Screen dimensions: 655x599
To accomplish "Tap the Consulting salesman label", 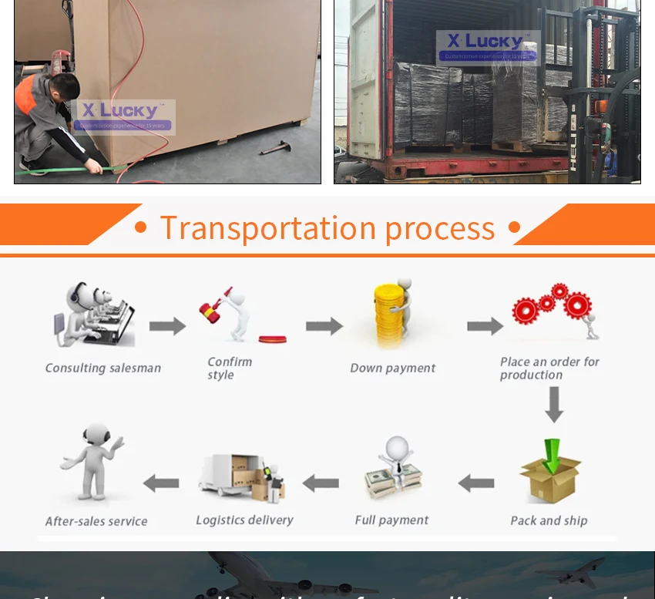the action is pyautogui.click(x=103, y=368).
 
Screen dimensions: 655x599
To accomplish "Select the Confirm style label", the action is pyautogui.click(x=230, y=368).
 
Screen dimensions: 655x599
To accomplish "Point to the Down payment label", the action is pyautogui.click(x=392, y=368).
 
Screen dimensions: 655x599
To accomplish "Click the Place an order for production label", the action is pyautogui.click(x=549, y=368).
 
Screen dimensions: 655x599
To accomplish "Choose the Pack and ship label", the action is pyautogui.click(x=549, y=520).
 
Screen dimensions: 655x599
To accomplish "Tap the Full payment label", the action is pyautogui.click(x=391, y=520).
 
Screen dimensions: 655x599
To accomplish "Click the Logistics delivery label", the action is pyautogui.click(x=244, y=520).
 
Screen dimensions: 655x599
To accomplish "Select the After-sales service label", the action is pyautogui.click(x=96, y=521).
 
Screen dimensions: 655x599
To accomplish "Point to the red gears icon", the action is pyautogui.click(x=552, y=305).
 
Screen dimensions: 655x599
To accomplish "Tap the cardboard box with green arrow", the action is pyautogui.click(x=549, y=470).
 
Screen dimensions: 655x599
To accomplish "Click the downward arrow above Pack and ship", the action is pyautogui.click(x=553, y=405).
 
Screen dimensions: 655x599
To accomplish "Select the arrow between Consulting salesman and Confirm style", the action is pyautogui.click(x=167, y=326).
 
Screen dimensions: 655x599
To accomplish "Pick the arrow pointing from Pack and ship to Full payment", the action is pyautogui.click(x=476, y=484).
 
